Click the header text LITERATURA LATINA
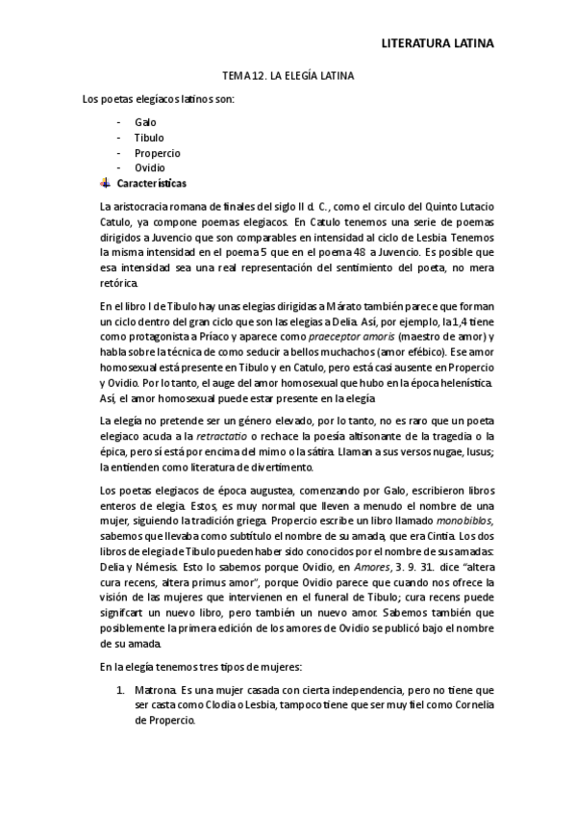point(438,43)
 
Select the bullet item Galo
point(145,122)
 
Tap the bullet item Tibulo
point(149,138)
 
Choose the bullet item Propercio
point(158,153)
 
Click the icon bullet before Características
point(105,183)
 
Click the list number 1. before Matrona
point(120,690)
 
